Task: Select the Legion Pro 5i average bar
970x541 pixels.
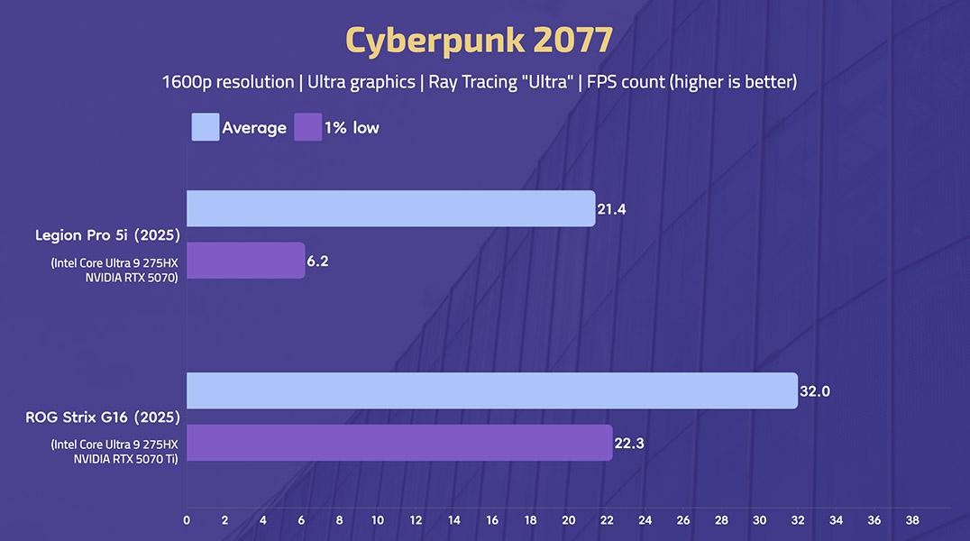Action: (390, 208)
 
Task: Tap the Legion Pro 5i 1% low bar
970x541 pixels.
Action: (245, 261)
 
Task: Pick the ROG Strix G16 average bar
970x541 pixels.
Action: (491, 390)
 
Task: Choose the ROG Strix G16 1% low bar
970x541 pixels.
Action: (399, 443)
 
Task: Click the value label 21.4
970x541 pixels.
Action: (611, 209)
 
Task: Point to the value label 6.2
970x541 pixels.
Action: (319, 261)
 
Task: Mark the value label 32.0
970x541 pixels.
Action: (814, 391)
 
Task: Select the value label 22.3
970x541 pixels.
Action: (629, 444)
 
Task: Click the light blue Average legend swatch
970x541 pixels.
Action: (205, 127)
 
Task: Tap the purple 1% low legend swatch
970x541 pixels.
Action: (308, 127)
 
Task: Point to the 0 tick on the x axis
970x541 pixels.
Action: (187, 520)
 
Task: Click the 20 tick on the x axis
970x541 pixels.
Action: (568, 520)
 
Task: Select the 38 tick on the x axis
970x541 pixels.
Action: (911, 520)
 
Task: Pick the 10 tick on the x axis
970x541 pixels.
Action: (377, 520)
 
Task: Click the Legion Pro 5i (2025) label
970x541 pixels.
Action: (107, 235)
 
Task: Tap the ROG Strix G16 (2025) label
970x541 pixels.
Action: (101, 417)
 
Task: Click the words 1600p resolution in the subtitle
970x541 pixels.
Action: (228, 82)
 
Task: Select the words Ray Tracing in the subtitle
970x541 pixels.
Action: (471, 82)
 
